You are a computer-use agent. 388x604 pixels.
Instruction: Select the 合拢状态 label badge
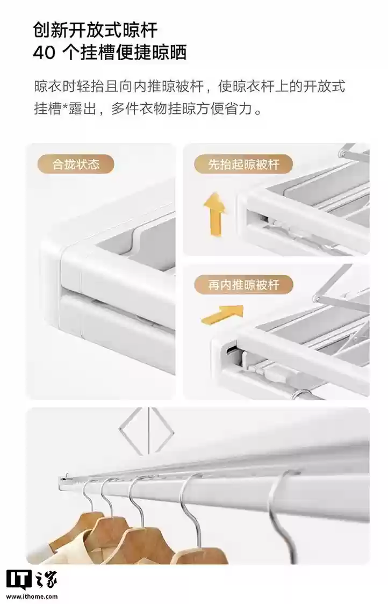point(76,164)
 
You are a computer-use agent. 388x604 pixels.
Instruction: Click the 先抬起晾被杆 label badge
point(243,164)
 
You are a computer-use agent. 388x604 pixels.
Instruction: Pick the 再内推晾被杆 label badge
point(243,285)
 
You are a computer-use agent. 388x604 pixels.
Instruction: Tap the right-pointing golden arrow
point(222,314)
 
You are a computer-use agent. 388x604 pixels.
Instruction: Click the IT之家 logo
point(31,580)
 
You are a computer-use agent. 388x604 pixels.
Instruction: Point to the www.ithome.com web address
point(32,596)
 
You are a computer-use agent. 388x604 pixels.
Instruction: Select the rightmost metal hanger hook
point(282,510)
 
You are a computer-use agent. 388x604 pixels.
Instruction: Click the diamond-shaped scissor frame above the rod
point(146,430)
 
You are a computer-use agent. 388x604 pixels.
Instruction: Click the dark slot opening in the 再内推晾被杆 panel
point(232,349)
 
